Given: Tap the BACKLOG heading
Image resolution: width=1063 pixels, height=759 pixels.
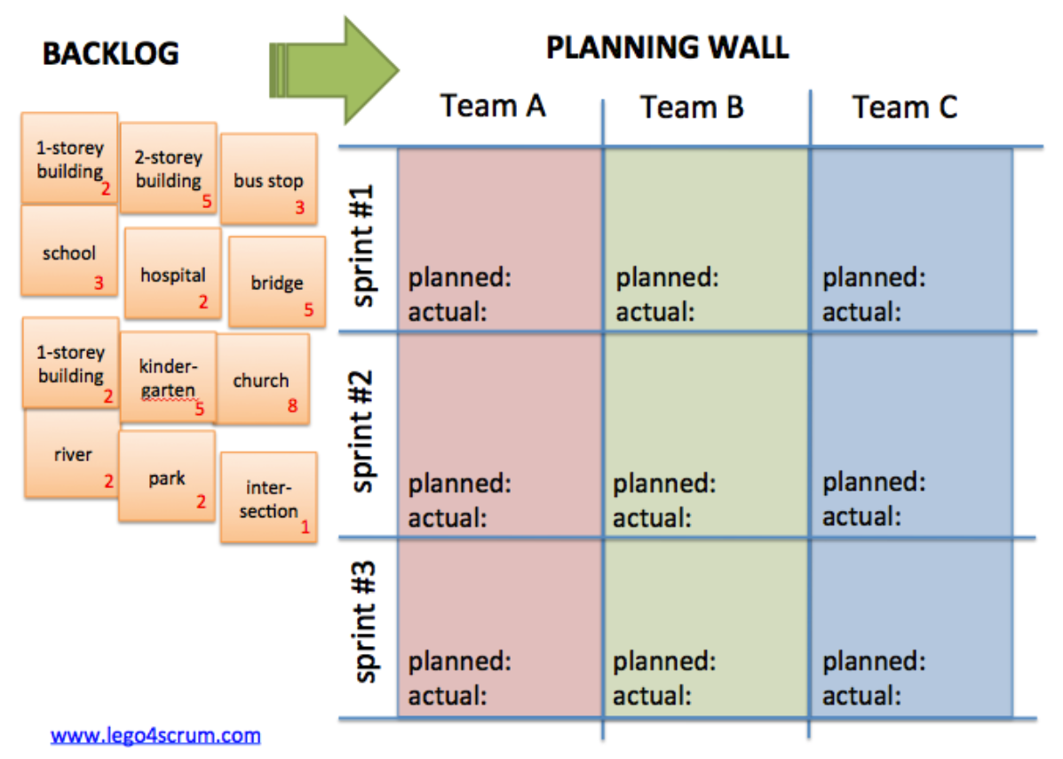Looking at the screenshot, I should [111, 54].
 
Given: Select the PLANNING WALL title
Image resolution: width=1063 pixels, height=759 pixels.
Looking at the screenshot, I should [667, 47].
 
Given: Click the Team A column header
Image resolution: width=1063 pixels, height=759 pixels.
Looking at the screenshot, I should [493, 106].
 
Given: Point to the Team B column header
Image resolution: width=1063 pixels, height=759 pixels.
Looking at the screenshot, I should [693, 108].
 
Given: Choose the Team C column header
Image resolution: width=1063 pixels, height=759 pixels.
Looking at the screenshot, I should [905, 108].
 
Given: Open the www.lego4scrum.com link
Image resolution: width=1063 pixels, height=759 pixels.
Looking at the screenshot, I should [155, 736].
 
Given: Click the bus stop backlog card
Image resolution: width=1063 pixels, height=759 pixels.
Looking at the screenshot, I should [268, 180].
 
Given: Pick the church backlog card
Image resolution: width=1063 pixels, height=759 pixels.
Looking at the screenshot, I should [262, 379].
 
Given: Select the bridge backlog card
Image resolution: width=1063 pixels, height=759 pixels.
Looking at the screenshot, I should [277, 282].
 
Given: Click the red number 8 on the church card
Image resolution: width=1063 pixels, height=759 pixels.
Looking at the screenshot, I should [292, 407].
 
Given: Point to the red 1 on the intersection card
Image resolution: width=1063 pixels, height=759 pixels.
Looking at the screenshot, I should [305, 527].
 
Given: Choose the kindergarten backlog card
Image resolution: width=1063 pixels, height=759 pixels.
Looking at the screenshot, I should [168, 377].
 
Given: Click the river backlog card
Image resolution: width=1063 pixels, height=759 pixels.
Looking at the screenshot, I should [72, 454].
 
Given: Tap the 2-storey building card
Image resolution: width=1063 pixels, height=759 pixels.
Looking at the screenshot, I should [168, 169].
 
